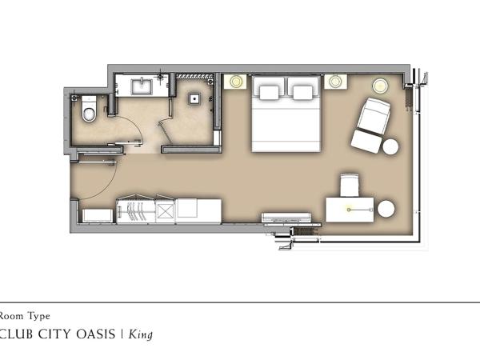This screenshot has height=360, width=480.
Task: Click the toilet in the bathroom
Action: coord(88,109)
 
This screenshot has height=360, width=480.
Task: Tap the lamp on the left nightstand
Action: coord(235,81)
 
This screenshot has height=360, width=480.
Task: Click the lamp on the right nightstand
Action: coord(335,81)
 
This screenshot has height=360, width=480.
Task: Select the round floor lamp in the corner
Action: coord(378,84)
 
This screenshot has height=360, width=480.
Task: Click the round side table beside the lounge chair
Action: coord(390,147)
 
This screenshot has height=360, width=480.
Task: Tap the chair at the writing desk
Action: coord(350,185)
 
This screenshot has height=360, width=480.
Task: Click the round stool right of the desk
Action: coord(386,209)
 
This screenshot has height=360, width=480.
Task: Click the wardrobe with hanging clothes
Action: coord(134,211)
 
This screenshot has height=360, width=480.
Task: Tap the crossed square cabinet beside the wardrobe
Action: coord(166,210)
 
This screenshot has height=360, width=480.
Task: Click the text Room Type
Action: coord(25,316)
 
